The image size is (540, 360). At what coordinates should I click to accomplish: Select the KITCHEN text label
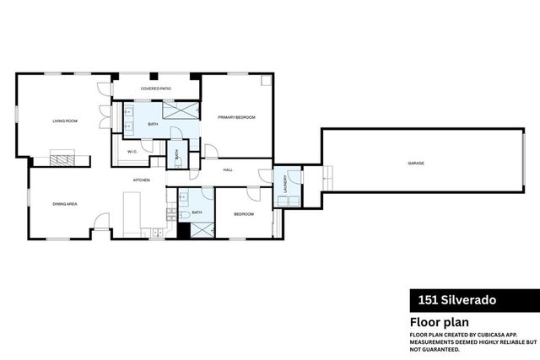[141, 180]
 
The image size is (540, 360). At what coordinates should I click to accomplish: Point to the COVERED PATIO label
[156, 88]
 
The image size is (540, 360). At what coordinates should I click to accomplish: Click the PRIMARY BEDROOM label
[236, 117]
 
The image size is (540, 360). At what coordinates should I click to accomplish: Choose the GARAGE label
[415, 163]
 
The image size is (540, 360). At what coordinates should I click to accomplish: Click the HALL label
[228, 170]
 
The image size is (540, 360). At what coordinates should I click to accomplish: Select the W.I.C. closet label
[132, 152]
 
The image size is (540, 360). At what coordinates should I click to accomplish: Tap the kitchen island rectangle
[132, 212]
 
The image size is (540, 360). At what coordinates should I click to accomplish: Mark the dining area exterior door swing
[101, 223]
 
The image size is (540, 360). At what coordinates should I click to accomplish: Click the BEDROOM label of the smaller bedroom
[244, 214]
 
